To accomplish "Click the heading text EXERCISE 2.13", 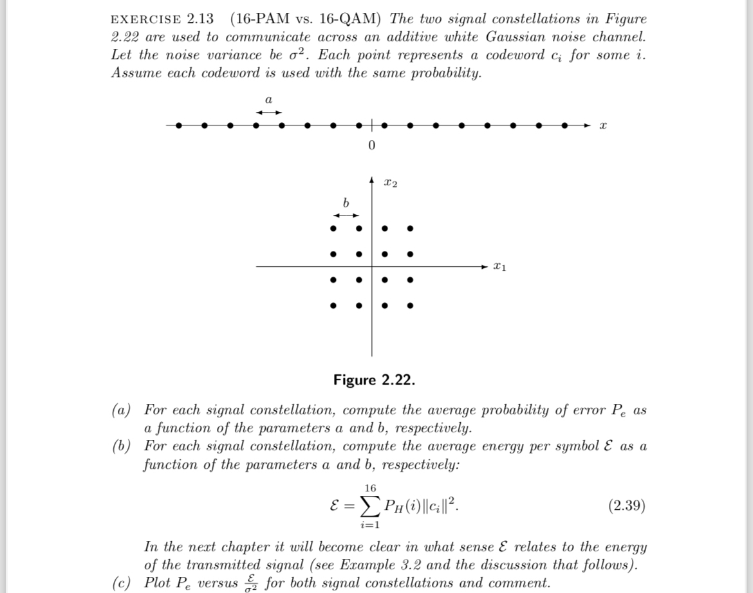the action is pos(162,19).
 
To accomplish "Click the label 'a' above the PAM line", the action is pos(268,100).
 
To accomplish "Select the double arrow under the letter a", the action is pos(268,113).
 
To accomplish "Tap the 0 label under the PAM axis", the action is pos(371,145).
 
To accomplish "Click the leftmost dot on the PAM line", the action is pos(179,126).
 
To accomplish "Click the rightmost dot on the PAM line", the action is pos(564,126).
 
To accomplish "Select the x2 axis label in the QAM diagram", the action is pos(390,185).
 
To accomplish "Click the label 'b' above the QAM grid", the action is pos(346,203).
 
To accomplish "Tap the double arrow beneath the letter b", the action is pos(346,215).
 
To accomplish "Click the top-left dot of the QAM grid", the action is pos(333,228).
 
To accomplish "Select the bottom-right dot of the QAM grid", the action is pos(409,306).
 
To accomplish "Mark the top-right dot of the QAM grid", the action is pos(409,228).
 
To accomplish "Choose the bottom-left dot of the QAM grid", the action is pos(333,306).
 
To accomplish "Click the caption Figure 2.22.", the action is pos(374,380).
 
